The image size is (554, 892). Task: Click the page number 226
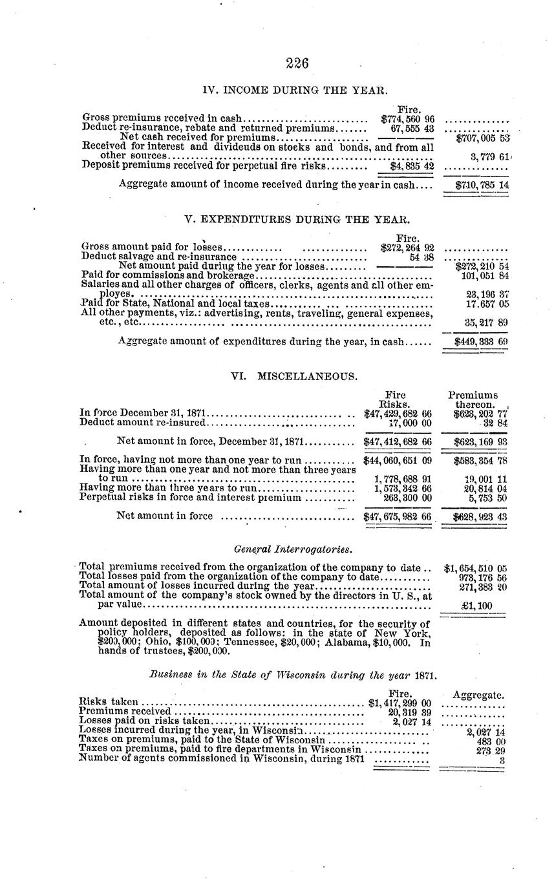coord(297,63)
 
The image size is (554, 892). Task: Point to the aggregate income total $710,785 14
coord(482,185)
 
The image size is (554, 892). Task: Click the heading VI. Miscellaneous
coord(294,376)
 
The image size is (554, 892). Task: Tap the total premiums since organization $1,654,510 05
coord(476,569)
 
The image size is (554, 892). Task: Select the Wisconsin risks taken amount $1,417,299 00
coord(399,703)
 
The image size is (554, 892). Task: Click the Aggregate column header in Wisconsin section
coord(478,695)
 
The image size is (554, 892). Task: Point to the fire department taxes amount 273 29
coord(490,751)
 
